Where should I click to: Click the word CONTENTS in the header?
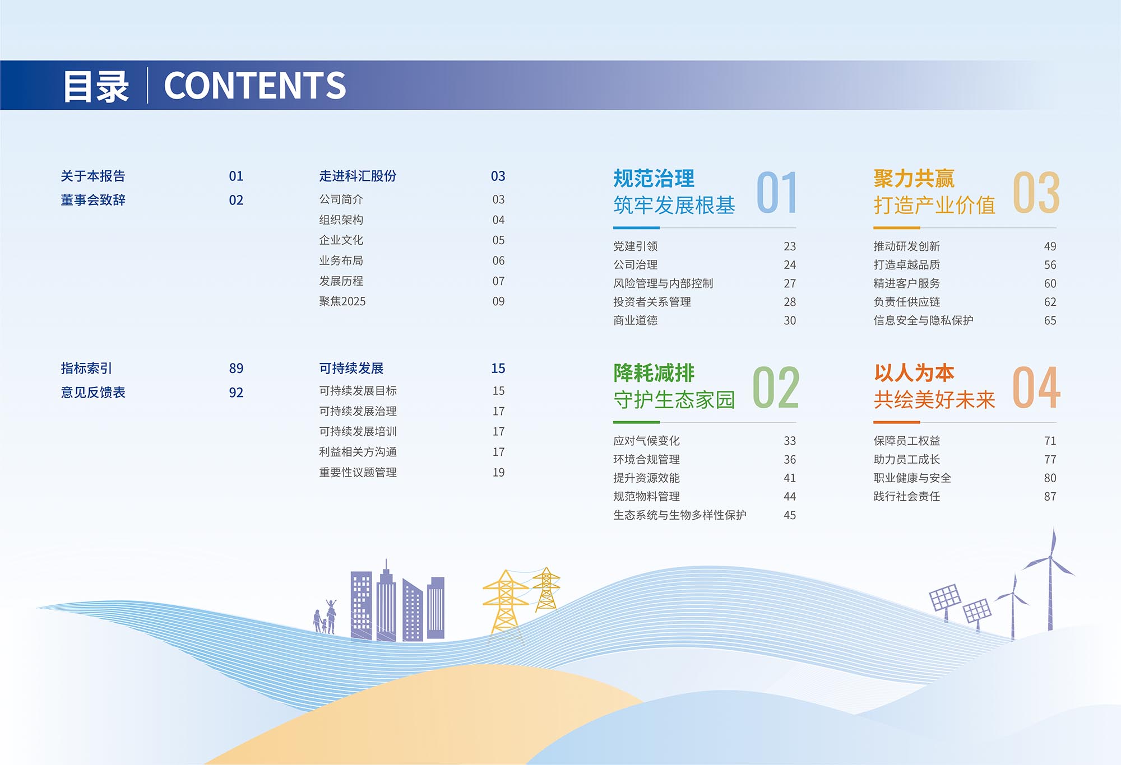(255, 86)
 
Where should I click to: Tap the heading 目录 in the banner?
(96, 86)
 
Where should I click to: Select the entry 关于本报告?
(93, 176)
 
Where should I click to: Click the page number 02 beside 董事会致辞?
(236, 200)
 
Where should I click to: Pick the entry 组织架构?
(341, 220)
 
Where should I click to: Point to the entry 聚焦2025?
(342, 301)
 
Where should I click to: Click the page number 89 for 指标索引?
(236, 368)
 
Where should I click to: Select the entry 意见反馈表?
(93, 392)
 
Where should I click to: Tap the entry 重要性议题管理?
(358, 472)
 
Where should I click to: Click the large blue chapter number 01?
(777, 193)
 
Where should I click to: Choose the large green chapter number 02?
(776, 388)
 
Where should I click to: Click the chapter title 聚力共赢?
(914, 179)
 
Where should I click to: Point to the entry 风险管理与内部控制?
(663, 283)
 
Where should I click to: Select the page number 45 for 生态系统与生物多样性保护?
(790, 515)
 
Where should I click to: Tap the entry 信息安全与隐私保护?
(923, 320)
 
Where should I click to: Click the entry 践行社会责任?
(907, 496)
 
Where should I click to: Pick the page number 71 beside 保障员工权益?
(1050, 441)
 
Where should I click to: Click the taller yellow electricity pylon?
(506, 603)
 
